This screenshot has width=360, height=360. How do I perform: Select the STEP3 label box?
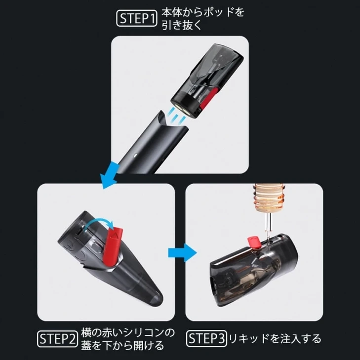[206, 339]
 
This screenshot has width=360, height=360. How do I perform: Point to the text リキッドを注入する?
[274, 339]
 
